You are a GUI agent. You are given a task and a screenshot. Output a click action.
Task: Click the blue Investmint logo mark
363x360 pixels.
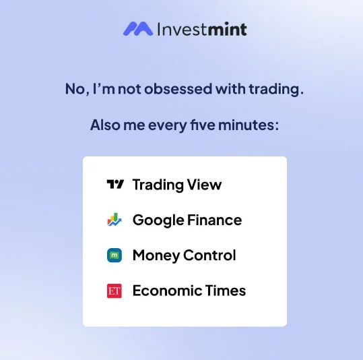[x=138, y=29]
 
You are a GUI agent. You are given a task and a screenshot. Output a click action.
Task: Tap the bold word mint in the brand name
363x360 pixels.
[x=228, y=29]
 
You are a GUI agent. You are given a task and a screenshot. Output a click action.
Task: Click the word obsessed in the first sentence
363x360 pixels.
[x=178, y=89]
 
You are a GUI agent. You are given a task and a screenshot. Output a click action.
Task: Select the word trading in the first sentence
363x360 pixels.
[x=274, y=90]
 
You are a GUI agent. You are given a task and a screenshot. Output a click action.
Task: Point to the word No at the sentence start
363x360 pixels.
[x=75, y=89]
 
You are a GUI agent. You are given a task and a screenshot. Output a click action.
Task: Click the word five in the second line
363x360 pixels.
[x=203, y=125]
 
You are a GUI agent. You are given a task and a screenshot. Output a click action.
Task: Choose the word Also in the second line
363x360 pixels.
[x=105, y=125]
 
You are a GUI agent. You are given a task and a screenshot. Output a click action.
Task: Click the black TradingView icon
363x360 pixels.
[x=115, y=184]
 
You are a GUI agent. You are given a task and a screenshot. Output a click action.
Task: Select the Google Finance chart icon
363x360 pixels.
[x=114, y=220]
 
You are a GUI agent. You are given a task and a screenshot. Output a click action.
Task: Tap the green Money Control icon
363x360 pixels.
[x=114, y=256]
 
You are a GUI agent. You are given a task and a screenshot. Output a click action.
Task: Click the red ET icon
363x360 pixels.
[x=114, y=291]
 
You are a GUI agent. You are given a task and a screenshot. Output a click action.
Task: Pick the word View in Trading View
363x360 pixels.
[x=204, y=185]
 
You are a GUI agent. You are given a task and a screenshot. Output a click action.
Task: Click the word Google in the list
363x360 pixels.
[x=158, y=220]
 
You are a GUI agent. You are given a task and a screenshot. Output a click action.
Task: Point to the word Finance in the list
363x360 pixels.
[x=215, y=220]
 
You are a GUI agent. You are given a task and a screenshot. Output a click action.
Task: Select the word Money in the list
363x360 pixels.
[x=156, y=256]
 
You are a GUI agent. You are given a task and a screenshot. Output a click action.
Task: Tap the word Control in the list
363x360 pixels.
[x=209, y=256]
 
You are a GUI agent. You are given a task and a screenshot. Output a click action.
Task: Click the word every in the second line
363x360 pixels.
[x=168, y=125]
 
